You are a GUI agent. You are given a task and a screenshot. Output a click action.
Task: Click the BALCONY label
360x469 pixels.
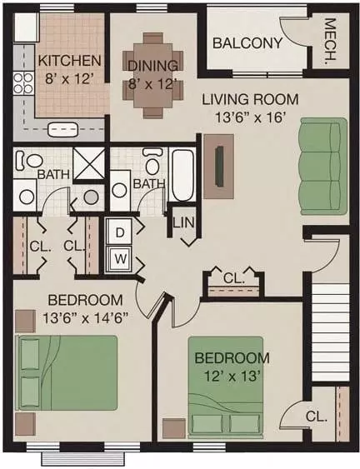pos(247,43)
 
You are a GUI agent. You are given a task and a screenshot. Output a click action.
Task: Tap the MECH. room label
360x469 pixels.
pos(330,42)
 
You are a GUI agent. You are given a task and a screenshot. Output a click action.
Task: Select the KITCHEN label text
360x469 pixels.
pos(69,61)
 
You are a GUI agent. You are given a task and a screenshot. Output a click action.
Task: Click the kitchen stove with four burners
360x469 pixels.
pos(23,82)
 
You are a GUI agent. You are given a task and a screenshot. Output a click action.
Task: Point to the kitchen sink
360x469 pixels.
pos(62,129)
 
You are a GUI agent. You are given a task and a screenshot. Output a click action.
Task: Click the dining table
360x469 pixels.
pos(153,76)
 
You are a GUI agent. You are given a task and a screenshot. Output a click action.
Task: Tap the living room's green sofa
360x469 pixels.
pos(324,167)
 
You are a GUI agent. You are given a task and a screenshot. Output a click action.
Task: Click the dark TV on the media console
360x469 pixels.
pos(220,167)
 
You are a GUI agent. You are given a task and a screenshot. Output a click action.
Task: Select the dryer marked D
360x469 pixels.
pos(120,232)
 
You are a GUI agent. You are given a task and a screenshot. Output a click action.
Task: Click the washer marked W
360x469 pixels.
pos(120,259)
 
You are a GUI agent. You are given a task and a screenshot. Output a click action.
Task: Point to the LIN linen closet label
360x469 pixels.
pos(183,222)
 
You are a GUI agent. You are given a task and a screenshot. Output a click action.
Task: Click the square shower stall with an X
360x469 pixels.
pos(89,164)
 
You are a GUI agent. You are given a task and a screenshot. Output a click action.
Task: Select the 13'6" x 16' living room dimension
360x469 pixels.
pos(249,117)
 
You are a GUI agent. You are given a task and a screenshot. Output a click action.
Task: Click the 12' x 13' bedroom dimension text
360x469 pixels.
pos(231,376)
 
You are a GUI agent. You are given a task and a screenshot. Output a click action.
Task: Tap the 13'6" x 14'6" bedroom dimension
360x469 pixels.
pos(86,318)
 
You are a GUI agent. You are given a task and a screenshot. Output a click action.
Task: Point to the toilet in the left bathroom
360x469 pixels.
pos(28,160)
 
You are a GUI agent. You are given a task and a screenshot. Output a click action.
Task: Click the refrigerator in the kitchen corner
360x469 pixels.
pos(27,27)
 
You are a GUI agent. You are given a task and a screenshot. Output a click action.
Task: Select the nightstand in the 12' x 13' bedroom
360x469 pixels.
pos(174,429)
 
